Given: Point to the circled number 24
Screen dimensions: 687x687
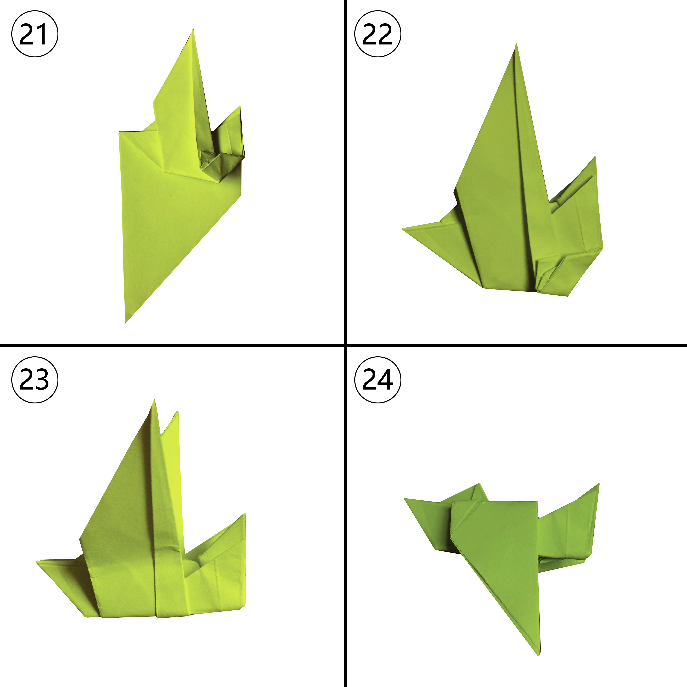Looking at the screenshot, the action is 378,380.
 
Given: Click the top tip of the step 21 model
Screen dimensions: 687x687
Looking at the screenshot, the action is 193,29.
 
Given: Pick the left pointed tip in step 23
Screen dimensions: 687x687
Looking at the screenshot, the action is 37,562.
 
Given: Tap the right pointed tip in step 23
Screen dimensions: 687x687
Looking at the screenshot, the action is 245,514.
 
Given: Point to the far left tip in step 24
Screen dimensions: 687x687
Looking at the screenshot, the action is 404,499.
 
